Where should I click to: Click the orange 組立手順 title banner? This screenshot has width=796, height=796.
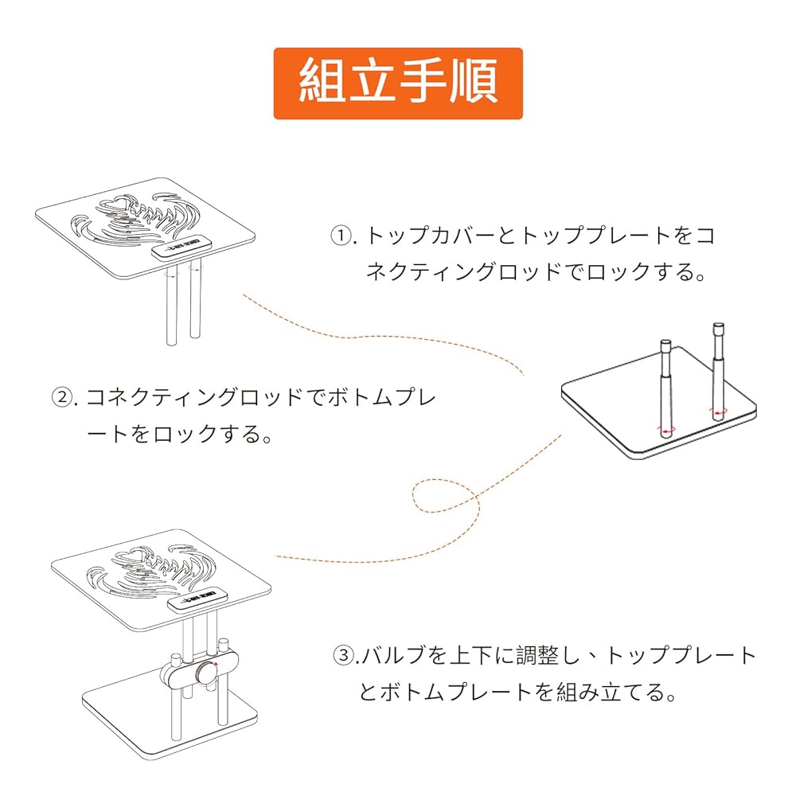[398, 84]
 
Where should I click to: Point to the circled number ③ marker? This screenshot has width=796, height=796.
[342, 656]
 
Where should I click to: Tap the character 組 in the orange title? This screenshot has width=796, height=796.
[322, 83]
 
